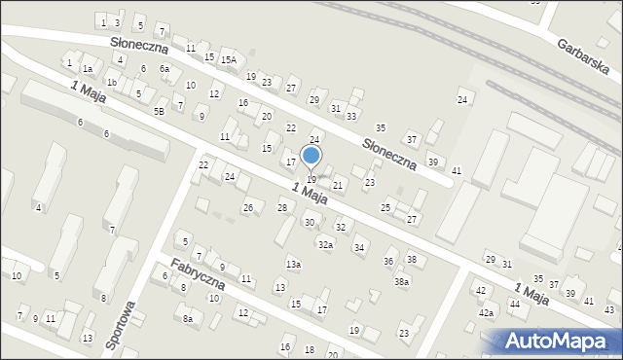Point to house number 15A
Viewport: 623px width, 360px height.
(x=228, y=60)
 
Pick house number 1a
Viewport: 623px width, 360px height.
(x=87, y=69)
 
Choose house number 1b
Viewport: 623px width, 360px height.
(x=112, y=83)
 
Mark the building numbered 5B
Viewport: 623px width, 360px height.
(x=159, y=111)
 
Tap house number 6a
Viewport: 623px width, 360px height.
(x=165, y=69)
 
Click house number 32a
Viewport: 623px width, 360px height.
(x=325, y=245)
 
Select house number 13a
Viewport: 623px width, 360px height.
(x=293, y=265)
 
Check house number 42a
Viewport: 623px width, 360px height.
(x=486, y=313)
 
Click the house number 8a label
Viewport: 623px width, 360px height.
(x=188, y=318)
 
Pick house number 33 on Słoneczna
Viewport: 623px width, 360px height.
(x=351, y=116)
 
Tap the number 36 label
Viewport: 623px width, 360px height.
(x=389, y=262)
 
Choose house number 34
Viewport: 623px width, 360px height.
(x=359, y=248)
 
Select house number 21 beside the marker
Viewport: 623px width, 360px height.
(x=338, y=185)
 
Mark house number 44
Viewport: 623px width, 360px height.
(x=514, y=305)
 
